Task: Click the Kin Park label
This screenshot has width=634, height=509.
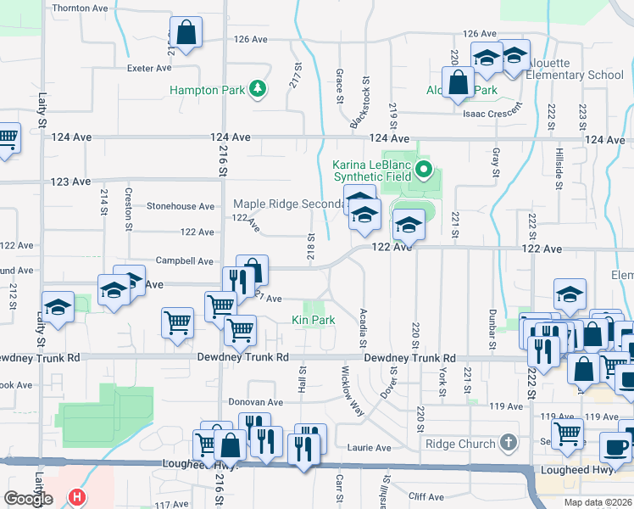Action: pyautogui.click(x=314, y=320)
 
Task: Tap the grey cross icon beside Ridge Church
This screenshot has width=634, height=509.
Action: pyautogui.click(x=508, y=443)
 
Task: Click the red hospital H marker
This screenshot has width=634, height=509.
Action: pyautogui.click(x=78, y=497)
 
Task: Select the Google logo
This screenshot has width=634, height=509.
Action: pyautogui.click(x=28, y=499)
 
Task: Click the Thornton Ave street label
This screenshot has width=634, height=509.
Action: pyautogui.click(x=81, y=8)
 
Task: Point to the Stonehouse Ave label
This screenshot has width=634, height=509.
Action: pyautogui.click(x=181, y=206)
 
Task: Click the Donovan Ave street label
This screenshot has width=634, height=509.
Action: pyautogui.click(x=255, y=402)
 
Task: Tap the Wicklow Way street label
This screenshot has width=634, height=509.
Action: pyautogui.click(x=351, y=389)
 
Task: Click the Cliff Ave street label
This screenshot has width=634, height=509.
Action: pyautogui.click(x=425, y=496)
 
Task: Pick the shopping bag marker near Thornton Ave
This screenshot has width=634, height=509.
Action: pyautogui.click(x=186, y=34)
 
